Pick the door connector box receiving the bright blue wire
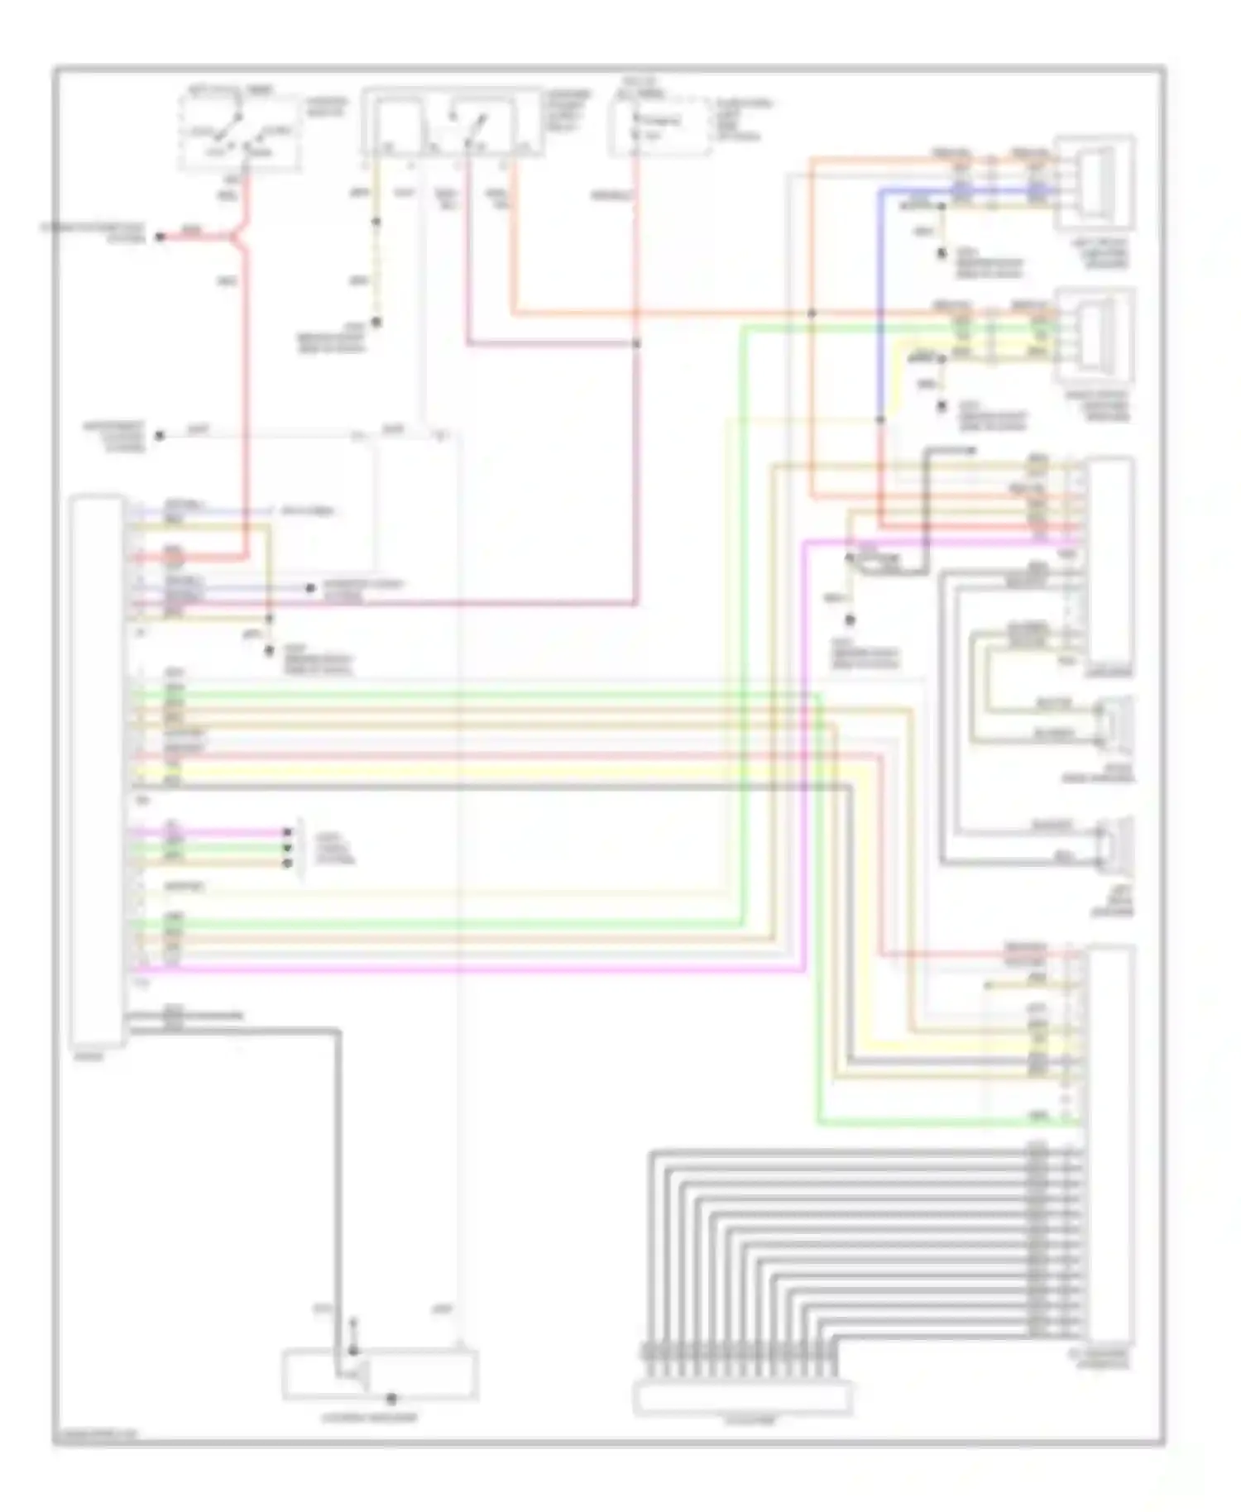pos(1094,184)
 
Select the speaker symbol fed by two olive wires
pos(1114,722)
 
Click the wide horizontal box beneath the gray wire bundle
pos(742,1398)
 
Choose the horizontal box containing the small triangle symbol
pos(380,1374)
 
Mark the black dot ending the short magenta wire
pos(287,832)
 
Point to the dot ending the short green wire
pos(287,848)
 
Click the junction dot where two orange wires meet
pos(812,313)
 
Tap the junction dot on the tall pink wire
pos(636,343)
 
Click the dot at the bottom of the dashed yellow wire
pos(375,322)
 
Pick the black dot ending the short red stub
pos(161,237)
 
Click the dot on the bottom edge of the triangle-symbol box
pos(391,1400)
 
